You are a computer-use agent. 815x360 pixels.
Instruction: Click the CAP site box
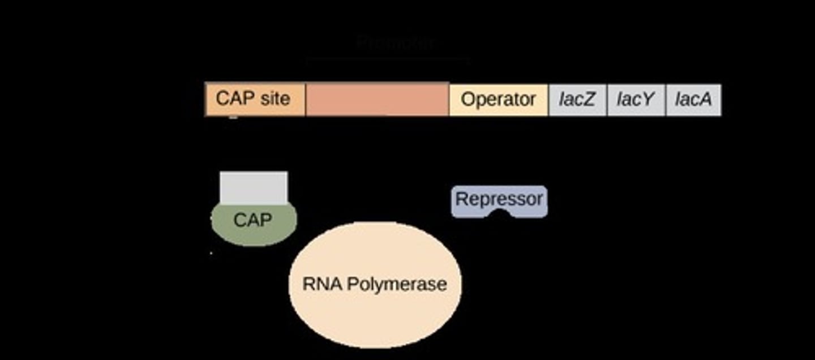[255, 100]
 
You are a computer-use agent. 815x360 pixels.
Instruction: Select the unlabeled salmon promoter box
[377, 100]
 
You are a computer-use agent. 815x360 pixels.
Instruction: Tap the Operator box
[498, 100]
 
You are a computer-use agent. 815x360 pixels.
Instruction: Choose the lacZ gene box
[577, 100]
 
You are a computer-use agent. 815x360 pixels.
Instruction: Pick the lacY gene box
[636, 100]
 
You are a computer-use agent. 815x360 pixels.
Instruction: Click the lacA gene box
[693, 100]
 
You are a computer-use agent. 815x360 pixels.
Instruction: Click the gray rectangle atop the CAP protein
[254, 187]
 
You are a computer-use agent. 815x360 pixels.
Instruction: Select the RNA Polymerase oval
[375, 306]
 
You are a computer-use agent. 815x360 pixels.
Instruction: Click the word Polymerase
[396, 284]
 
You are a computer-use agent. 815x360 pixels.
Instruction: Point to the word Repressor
[499, 199]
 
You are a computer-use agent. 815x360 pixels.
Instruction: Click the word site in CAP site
[274, 98]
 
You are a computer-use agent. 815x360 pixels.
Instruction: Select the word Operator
[498, 100]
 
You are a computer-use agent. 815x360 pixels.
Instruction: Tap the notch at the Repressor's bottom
[500, 213]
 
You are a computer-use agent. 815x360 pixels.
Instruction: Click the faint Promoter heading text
[396, 43]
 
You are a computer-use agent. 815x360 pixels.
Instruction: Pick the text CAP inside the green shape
[252, 220]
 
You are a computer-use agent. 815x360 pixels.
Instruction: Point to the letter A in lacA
[706, 100]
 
